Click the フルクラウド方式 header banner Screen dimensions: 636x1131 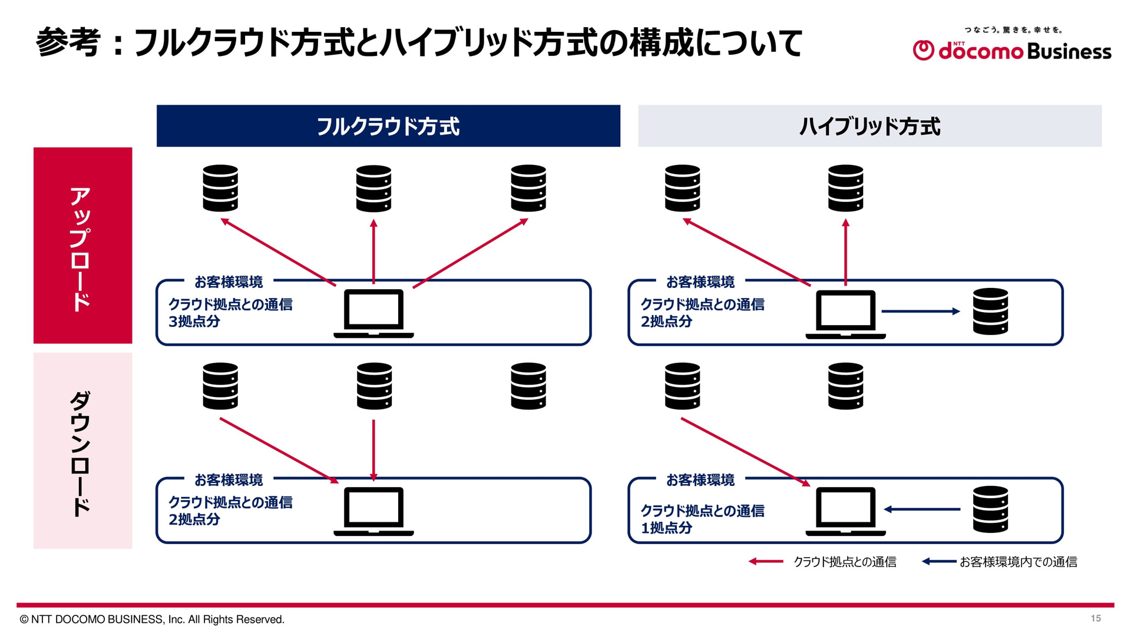point(388,126)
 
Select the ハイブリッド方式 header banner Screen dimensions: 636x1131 point(869,126)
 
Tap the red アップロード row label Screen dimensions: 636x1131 point(82,245)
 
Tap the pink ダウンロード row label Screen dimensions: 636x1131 point(82,451)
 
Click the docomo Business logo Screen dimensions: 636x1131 point(1011,50)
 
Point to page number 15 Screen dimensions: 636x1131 point(1095,618)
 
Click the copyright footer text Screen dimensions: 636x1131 point(152,620)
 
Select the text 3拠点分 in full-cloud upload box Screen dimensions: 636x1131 point(194,322)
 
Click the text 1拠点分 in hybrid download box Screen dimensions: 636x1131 point(666,528)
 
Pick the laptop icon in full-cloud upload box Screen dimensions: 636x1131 point(373,313)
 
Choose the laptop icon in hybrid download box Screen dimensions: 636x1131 point(845,511)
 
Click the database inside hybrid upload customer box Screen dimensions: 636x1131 point(990,312)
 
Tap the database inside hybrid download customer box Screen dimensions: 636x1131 point(990,509)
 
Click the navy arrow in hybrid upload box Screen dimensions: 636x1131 point(920,312)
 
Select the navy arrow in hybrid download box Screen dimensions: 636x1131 point(922,509)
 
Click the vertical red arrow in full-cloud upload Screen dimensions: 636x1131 point(373,252)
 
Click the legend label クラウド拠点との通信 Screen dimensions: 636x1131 point(845,562)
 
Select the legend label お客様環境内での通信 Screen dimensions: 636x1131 point(1018,562)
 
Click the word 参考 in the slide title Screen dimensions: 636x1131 point(68,42)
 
